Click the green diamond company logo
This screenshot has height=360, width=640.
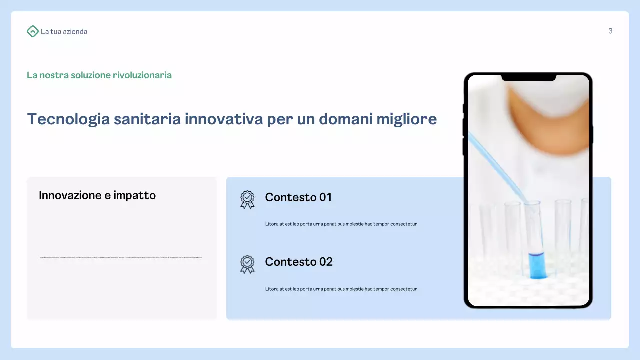32,31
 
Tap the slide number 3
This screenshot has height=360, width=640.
610,31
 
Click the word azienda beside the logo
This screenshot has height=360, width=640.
75,32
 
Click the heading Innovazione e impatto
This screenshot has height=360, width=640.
97,195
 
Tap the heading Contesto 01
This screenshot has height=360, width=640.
298,197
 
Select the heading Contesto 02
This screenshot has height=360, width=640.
299,262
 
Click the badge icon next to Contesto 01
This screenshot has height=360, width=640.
247,199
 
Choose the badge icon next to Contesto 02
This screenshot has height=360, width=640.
247,264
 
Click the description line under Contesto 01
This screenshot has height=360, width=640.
341,224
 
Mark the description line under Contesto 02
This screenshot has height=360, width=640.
341,289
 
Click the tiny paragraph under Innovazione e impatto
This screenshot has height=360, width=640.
120,257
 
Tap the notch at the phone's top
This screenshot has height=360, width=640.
528,77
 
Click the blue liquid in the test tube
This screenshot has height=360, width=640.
537,265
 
